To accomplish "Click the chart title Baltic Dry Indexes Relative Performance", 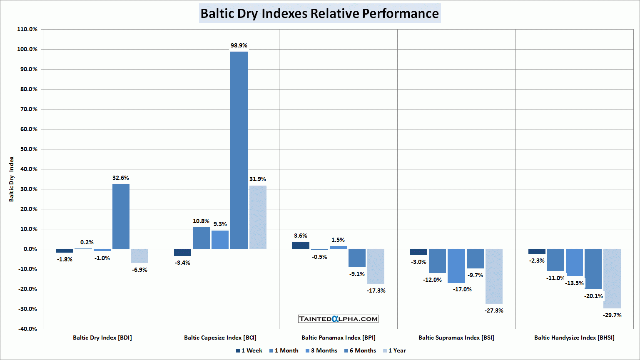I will pos(319,13).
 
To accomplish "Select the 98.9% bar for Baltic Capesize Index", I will pos(239,150).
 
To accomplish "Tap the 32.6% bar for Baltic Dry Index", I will pos(121,216).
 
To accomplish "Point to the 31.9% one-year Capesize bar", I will pos(258,217).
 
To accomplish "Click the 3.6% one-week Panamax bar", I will pos(301,245).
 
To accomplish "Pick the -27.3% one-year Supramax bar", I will pos(494,276).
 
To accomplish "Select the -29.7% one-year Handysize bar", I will pos(612,278).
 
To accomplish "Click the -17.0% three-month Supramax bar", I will pos(456,266).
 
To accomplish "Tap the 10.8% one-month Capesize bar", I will pos(201,238).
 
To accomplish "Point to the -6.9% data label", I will pos(140,270).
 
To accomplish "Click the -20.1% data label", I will pos(593,296).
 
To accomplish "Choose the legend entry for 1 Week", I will pos(249,350).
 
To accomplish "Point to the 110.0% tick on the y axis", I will pos(27,29).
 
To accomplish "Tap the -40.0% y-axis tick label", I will pos(27,329).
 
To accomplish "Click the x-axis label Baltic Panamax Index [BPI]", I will pos(338,338).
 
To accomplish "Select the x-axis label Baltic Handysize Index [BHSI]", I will pos(574,338).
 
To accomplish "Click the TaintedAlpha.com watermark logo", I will pos(338,319).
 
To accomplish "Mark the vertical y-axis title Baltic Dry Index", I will pos(12,179).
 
